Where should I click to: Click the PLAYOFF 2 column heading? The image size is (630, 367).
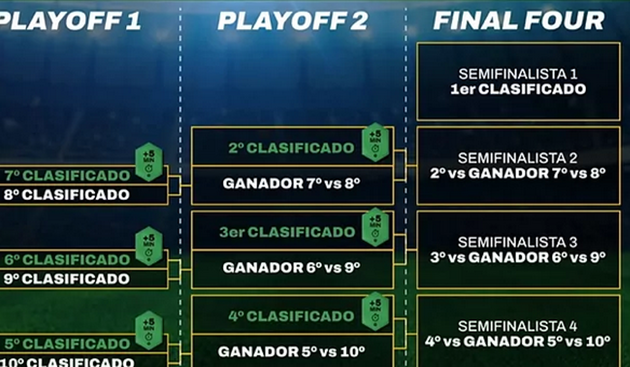[292, 21]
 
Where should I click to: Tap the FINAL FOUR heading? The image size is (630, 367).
[518, 21]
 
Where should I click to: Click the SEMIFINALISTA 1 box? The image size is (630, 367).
[518, 81]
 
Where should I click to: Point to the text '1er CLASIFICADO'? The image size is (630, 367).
[518, 89]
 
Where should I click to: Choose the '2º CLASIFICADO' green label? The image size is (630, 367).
[291, 148]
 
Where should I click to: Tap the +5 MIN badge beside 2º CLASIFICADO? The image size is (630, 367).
[375, 142]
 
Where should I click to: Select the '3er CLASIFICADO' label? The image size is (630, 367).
[287, 232]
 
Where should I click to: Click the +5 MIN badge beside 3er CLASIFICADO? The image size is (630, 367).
[375, 226]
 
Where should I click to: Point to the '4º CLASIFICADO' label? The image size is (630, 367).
[291, 317]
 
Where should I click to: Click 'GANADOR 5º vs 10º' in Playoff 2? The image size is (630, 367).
[291, 351]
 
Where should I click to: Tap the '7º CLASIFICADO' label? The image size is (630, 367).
[67, 175]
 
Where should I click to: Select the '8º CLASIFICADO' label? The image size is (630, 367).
[67, 195]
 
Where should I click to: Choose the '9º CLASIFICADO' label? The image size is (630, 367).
[67, 279]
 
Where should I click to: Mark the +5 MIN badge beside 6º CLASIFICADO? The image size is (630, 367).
[149, 246]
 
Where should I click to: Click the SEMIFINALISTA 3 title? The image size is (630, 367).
[518, 242]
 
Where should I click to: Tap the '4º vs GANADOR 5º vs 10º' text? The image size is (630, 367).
[518, 341]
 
